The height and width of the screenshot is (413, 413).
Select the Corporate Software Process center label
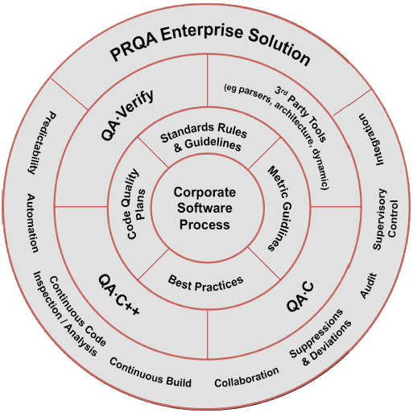pos(204,209)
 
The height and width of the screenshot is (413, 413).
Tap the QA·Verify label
pos(127,115)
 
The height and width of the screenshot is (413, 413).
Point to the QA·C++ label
pos(119,295)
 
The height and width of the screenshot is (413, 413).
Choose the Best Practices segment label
pos(205,284)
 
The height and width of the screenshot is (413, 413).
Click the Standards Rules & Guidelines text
pos(204,138)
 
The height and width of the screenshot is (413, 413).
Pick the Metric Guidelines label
pos(280,209)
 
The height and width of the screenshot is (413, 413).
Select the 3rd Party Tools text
pos(300,114)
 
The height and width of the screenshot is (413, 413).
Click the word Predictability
pos(43,142)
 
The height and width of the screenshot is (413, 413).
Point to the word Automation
pos(32,223)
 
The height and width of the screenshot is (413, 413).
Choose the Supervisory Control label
pos(386,219)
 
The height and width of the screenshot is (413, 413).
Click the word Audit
pos(368,286)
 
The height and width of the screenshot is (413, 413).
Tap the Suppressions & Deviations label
pos(320,337)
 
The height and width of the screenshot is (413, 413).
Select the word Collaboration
pos(247,378)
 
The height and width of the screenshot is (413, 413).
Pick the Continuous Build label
pos(151,373)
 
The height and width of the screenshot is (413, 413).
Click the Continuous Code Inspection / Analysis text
pos(70,314)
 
